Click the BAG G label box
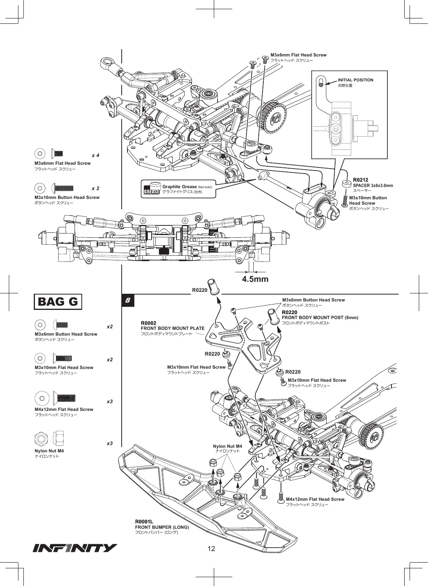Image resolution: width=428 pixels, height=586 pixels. pyautogui.click(x=58, y=301)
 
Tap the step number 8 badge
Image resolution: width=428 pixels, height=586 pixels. pyautogui.click(x=128, y=300)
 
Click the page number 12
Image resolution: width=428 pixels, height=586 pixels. pyautogui.click(x=211, y=549)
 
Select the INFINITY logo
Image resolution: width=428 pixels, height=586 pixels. pyautogui.click(x=74, y=548)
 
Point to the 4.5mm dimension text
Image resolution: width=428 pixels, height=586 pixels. pyautogui.click(x=255, y=279)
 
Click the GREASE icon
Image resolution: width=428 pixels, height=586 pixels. pyautogui.click(x=152, y=189)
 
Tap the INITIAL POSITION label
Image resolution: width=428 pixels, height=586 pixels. pyautogui.click(x=355, y=80)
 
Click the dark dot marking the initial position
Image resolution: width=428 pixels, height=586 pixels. pyautogui.click(x=321, y=84)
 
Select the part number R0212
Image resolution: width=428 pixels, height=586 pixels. pyautogui.click(x=360, y=180)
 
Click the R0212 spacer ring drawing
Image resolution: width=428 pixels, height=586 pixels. pyautogui.click(x=347, y=184)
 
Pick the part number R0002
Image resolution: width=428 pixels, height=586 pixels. pyautogui.click(x=149, y=323)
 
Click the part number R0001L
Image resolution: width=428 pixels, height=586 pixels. pyautogui.click(x=144, y=521)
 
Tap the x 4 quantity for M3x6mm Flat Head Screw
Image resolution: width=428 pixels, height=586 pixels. pyautogui.click(x=96, y=156)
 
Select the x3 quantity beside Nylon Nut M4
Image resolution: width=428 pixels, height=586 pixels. pyautogui.click(x=110, y=444)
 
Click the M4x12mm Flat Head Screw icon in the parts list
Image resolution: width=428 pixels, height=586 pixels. pyautogui.click(x=64, y=398)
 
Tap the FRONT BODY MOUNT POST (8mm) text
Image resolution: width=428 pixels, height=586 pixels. pyautogui.click(x=320, y=318)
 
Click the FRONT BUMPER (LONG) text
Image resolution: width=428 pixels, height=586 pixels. pyautogui.click(x=162, y=527)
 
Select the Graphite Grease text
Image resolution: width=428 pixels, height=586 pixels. pyautogui.click(x=180, y=187)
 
